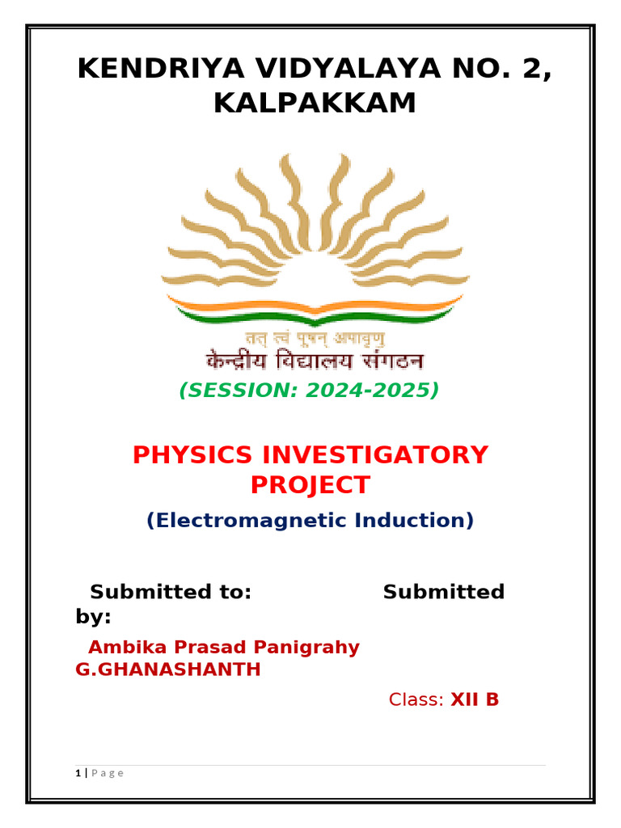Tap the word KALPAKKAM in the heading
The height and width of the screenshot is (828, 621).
(x=315, y=103)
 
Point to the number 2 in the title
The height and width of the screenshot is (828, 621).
(x=537, y=69)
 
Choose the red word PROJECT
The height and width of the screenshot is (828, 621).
(x=310, y=485)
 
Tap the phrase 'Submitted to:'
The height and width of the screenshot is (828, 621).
(x=171, y=592)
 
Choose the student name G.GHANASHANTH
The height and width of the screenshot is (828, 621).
(x=167, y=670)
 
